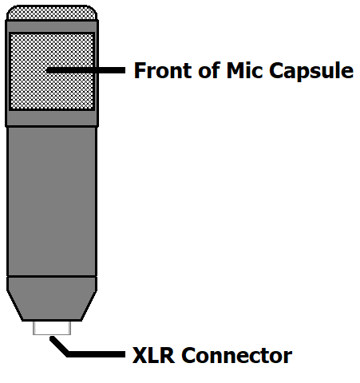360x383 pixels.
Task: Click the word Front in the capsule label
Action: [x=162, y=70]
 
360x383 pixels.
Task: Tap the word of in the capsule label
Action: [x=209, y=69]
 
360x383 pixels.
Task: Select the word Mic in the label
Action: [x=244, y=70]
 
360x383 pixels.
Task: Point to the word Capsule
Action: [x=311, y=72]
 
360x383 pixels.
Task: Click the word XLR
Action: [x=153, y=355]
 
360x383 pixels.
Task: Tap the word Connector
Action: [x=237, y=355]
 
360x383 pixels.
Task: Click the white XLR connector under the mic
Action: [x=52, y=328]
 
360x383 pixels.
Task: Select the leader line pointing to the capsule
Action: [x=85, y=70]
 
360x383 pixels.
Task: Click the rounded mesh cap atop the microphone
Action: [x=52, y=13]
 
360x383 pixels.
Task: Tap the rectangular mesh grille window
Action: [x=52, y=71]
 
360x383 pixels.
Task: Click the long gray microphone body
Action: [x=52, y=202]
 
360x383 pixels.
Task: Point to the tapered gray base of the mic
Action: [x=52, y=298]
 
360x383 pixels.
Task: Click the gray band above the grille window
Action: [x=52, y=26]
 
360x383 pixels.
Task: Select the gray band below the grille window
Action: [x=52, y=118]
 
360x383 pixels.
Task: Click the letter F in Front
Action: [x=140, y=70]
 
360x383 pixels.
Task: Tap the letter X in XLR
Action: [x=140, y=355]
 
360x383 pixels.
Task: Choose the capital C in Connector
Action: [x=188, y=355]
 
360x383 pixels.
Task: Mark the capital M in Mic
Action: [x=235, y=70]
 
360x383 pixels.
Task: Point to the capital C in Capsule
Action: [x=276, y=70]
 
